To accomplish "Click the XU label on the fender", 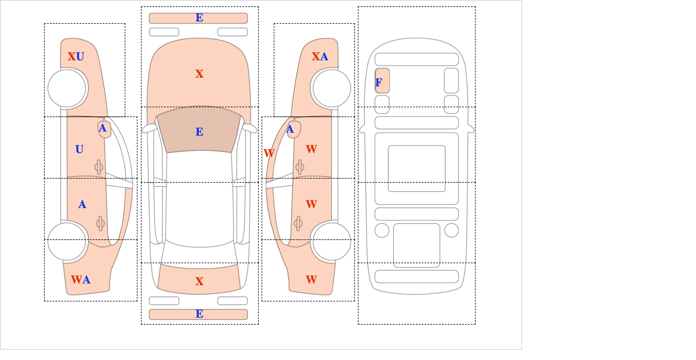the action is (x=76, y=57).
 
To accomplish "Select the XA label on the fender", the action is (x=320, y=57).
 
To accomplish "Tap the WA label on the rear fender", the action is (x=81, y=279).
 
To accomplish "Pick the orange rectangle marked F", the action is (x=382, y=81).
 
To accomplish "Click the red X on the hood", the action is (x=200, y=74).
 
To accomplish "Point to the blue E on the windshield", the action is (x=200, y=132).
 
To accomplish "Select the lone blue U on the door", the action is (x=79, y=150).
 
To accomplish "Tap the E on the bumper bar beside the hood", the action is (x=200, y=18).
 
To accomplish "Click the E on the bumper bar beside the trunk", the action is (x=200, y=314).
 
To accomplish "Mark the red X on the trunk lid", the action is (x=200, y=281).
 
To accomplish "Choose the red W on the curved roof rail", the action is (x=269, y=153).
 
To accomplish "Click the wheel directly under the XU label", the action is (x=67, y=88).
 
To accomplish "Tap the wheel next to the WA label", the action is (x=67, y=241).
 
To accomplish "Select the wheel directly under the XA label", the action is (x=332, y=88).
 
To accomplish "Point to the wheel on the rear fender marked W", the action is (x=332, y=241).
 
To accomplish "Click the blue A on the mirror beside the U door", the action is (x=103, y=128).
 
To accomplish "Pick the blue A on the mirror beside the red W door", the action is (x=290, y=129).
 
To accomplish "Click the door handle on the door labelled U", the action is (x=99, y=168).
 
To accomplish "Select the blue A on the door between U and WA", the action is (x=82, y=205).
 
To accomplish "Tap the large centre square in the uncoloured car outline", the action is (x=416, y=168).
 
